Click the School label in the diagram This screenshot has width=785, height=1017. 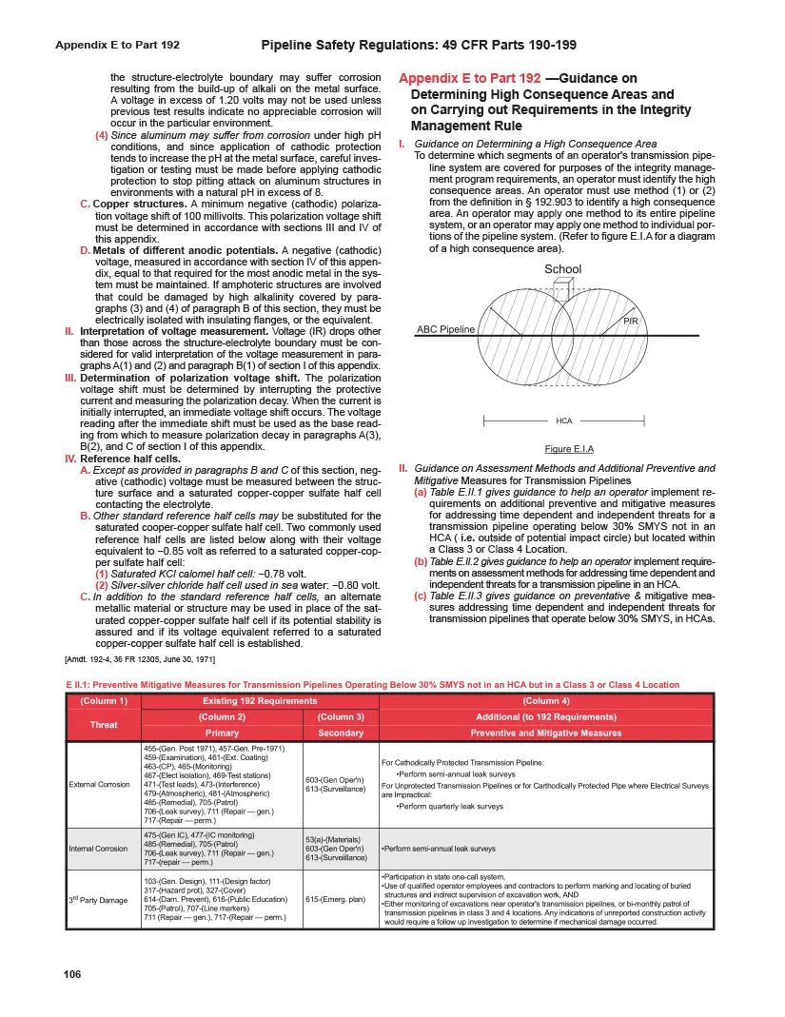tap(562, 269)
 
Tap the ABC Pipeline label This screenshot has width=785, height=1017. tap(445, 329)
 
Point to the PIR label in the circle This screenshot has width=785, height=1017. tap(630, 322)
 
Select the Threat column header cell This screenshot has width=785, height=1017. tap(104, 725)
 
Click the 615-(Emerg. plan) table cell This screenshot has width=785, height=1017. tap(336, 899)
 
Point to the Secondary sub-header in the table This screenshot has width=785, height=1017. tap(340, 733)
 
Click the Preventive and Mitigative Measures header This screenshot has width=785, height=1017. tap(546, 733)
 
